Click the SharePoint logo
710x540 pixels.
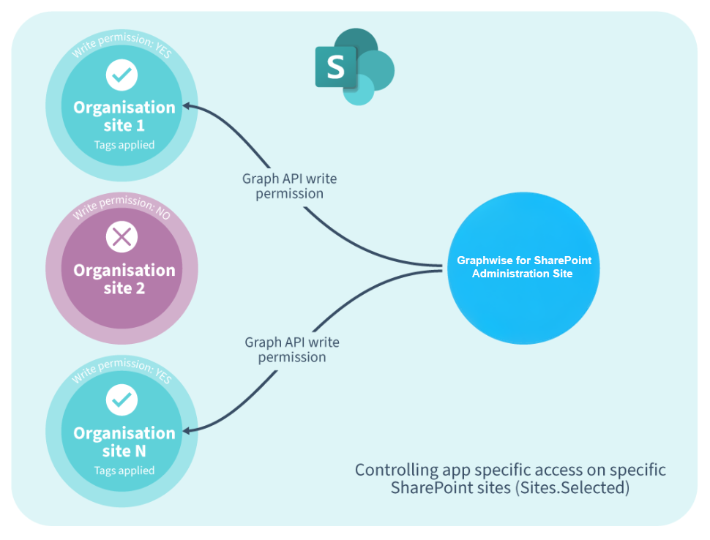point(354,67)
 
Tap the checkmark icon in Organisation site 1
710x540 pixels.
point(122,75)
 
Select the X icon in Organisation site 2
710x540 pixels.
point(122,237)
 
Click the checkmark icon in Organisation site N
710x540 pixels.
point(122,400)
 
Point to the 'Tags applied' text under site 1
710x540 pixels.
point(124,145)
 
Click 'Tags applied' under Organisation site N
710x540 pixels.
point(124,470)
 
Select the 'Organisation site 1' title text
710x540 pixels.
point(124,116)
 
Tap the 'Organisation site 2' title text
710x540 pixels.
point(124,279)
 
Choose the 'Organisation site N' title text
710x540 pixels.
point(124,442)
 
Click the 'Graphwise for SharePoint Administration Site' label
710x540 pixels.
point(523,267)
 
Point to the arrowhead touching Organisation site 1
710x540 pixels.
point(187,107)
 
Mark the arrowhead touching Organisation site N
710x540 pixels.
point(187,430)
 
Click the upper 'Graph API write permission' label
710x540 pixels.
point(289,186)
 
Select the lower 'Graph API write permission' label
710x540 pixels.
point(292,350)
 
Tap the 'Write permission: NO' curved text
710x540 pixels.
point(122,206)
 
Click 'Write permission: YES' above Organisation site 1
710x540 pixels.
point(122,43)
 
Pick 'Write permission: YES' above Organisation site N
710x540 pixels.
point(122,369)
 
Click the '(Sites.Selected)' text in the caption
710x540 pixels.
point(572,488)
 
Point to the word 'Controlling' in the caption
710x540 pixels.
point(396,470)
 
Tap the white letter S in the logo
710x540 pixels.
point(335,67)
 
